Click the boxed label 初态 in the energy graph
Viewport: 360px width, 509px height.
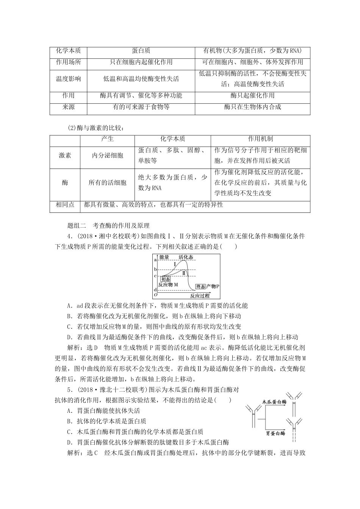click(165, 278)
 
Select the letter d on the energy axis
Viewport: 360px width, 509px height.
click(155, 290)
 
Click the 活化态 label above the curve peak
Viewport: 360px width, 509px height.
click(186, 258)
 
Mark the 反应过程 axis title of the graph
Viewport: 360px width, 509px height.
click(200, 295)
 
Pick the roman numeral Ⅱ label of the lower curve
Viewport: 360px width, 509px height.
click(184, 273)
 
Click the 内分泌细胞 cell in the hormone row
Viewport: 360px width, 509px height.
click(108, 155)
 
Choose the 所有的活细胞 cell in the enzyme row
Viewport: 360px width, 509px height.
click(108, 183)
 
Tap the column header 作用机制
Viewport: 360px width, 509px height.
click(260, 139)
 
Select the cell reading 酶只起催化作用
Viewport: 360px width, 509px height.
click(252, 95)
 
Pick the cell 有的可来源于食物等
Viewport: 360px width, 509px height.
click(141, 107)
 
